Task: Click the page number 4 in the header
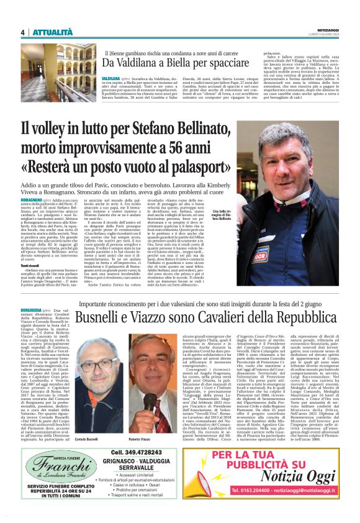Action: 22,32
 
